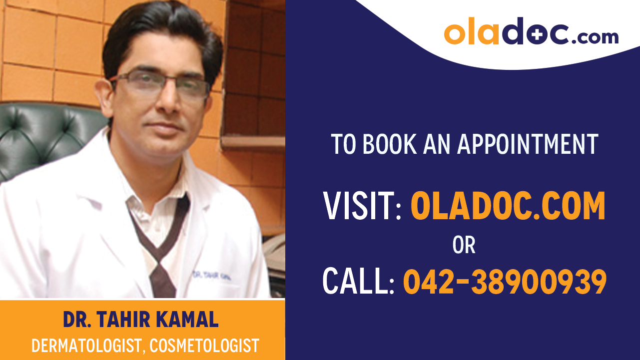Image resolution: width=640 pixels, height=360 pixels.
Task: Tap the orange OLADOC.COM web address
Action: pyautogui.click(x=508, y=206)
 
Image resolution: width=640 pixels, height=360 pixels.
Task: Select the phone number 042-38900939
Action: pyautogui.click(x=505, y=281)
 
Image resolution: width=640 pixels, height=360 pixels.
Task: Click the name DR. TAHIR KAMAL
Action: pyautogui.click(x=141, y=320)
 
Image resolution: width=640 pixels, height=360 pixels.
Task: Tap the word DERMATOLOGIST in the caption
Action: pyautogui.click(x=85, y=346)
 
